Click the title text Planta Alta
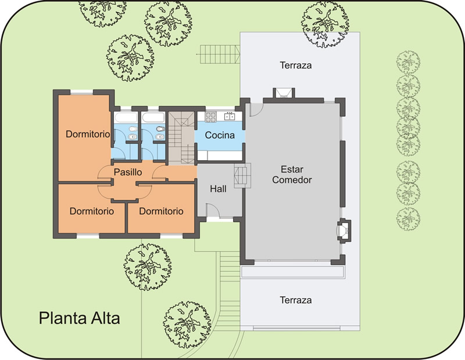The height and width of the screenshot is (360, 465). point(80,318)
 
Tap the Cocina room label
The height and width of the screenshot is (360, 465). point(220,135)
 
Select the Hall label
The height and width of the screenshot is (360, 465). point(219,189)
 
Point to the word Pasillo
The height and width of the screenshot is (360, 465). point(128,172)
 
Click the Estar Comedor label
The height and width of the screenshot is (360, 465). point(292,175)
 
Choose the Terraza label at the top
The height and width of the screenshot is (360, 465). point(296,65)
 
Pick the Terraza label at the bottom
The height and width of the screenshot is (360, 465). point(296,300)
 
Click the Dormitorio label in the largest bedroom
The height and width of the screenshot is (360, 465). point(88,134)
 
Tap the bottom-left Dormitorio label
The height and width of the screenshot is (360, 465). point(92,211)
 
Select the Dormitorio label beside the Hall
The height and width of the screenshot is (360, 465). point(161,211)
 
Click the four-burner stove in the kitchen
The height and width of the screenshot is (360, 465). point(211,117)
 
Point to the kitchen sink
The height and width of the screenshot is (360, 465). point(230,116)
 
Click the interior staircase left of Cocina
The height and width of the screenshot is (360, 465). point(181,138)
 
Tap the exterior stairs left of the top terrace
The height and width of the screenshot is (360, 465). point(220,54)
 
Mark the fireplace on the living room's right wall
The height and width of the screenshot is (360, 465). point(344,230)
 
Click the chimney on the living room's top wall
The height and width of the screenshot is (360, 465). point(284,93)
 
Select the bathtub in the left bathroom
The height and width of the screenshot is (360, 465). point(126,117)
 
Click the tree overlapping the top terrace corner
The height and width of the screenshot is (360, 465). point(325,24)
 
